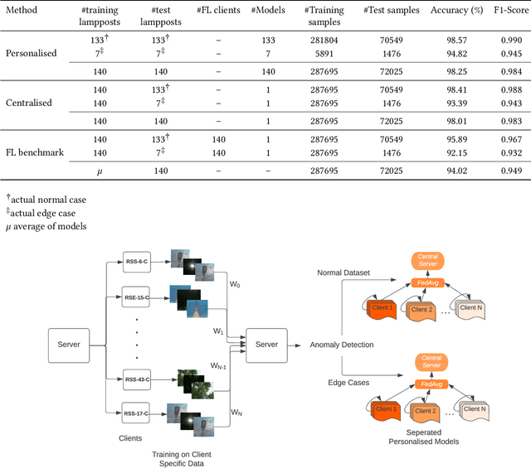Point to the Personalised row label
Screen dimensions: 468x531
[32, 53]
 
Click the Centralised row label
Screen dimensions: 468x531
[30, 104]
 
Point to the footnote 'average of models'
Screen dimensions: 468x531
[49, 226]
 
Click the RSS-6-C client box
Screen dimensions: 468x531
[135, 262]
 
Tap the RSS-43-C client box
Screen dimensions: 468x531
[135, 377]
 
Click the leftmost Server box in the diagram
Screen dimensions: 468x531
[69, 343]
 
